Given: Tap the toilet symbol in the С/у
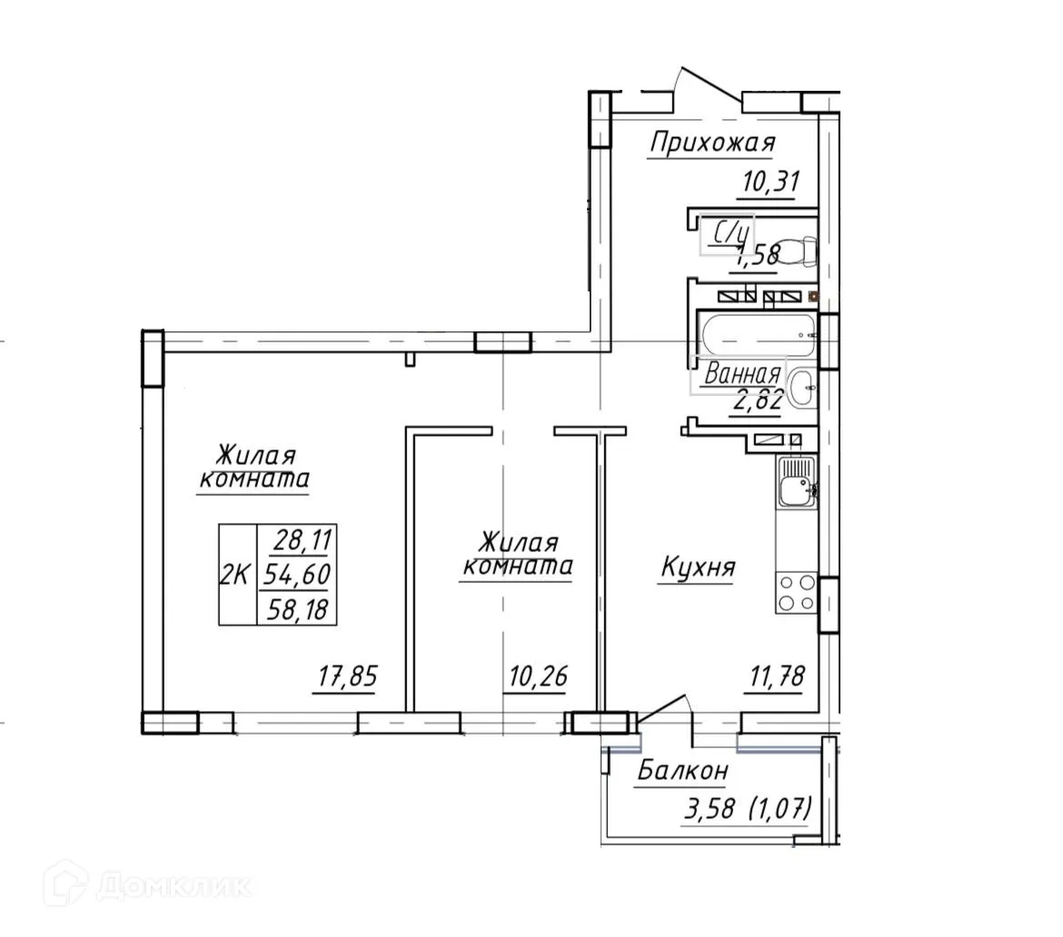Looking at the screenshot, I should coord(797,250).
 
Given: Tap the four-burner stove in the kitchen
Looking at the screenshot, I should coord(796,593).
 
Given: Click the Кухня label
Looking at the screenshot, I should coord(697,568).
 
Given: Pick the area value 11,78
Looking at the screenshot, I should coord(773,677).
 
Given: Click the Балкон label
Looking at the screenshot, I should coord(682,772).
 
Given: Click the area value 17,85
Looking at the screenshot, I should coord(346,677).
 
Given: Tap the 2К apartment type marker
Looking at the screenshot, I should coord(236,575).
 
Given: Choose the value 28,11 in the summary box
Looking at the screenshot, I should coord(298,541).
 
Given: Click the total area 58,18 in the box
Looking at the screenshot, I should coord(298,608).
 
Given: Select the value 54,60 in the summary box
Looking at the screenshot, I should coord(298,575).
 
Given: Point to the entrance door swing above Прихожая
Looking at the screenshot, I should coord(709,86).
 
